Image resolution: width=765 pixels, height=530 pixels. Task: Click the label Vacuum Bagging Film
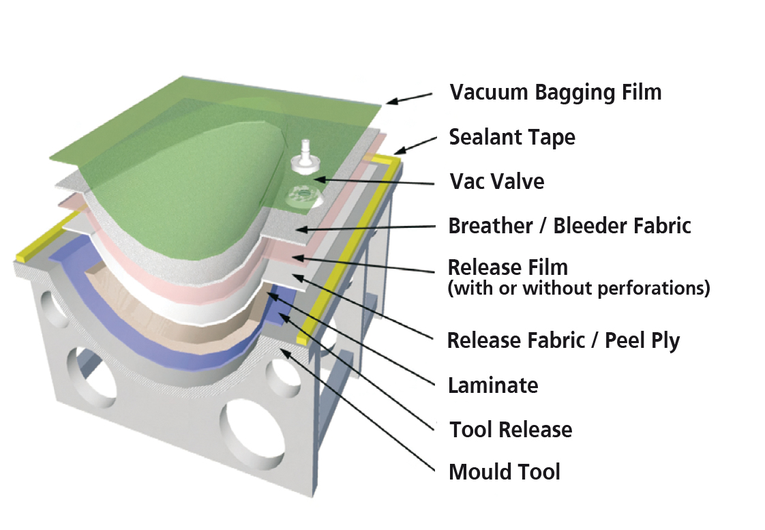click(555, 91)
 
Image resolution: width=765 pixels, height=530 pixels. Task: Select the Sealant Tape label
click(511, 137)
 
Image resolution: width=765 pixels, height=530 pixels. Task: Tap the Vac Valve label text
click(496, 181)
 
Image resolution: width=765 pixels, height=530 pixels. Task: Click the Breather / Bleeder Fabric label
click(569, 225)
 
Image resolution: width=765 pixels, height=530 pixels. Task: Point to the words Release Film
click(507, 267)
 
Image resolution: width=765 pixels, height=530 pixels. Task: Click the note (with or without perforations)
click(578, 289)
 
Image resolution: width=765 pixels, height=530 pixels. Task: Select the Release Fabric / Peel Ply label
click(563, 339)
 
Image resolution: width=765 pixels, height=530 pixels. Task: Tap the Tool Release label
click(510, 429)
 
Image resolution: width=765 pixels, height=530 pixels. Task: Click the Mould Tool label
click(505, 471)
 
